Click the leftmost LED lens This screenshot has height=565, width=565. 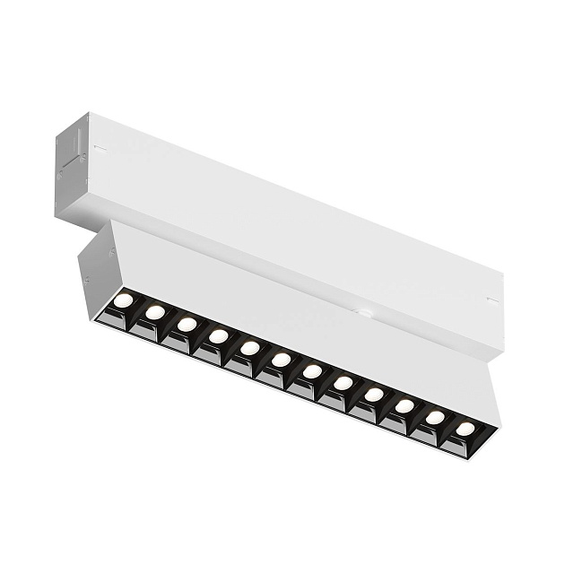pos(124,300)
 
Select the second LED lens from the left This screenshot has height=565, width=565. pos(155,311)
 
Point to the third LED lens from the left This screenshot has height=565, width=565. pos(187,323)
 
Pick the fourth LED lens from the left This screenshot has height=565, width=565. pos(218,335)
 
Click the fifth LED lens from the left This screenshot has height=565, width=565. pos(249,347)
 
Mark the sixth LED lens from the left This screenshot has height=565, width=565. pos(281,359)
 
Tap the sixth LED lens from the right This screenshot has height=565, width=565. pos(312,370)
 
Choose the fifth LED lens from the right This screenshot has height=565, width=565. pos(343,382)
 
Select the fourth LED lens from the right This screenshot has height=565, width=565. pos(374,394)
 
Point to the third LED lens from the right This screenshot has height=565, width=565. pos(404,405)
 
